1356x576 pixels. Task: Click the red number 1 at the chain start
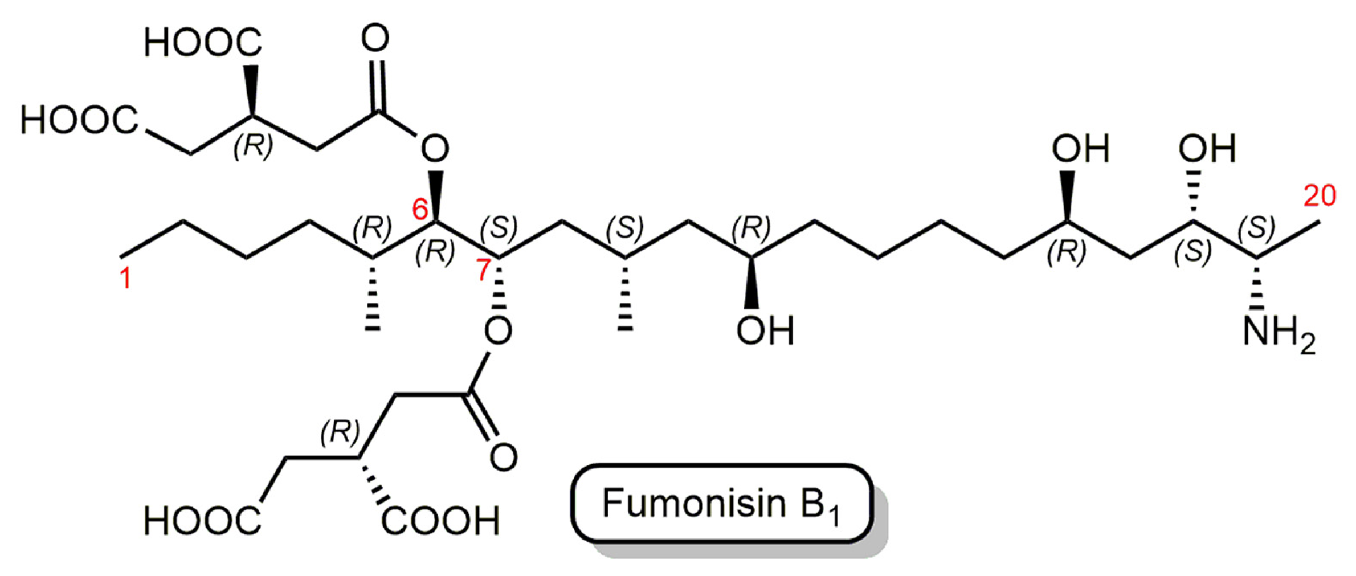(x=125, y=279)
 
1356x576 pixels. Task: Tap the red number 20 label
(x=1320, y=196)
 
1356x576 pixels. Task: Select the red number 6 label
(x=420, y=209)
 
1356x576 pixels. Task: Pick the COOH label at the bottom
(x=440, y=521)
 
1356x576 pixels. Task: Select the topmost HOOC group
(x=202, y=43)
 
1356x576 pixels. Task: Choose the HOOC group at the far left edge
(x=79, y=121)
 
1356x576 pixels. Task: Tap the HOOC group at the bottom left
(x=202, y=521)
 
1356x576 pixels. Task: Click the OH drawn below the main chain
(x=765, y=331)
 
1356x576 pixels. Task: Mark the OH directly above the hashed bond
(x=1207, y=149)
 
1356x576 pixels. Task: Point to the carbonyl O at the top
(x=375, y=39)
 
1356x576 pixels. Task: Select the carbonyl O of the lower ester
(x=503, y=457)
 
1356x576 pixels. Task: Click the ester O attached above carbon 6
(x=435, y=149)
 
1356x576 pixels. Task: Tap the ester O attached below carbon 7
(x=498, y=331)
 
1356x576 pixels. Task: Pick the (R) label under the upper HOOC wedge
(x=253, y=146)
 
